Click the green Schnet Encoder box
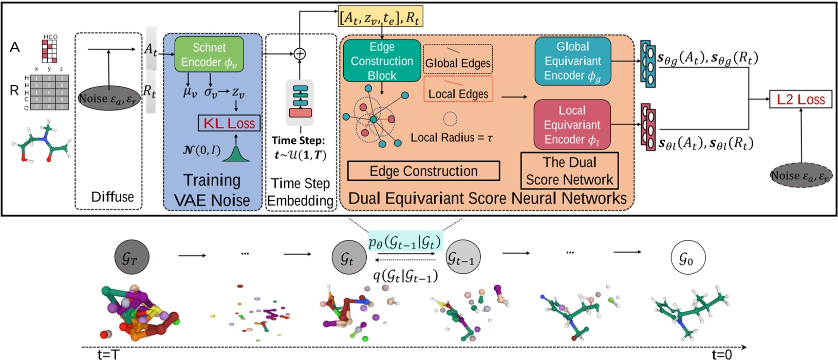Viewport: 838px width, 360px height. [209, 54]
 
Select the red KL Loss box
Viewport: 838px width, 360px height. [229, 123]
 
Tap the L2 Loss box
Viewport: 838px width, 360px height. [800, 99]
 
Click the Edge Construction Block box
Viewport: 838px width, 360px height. [382, 61]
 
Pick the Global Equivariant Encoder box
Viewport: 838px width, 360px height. [572, 61]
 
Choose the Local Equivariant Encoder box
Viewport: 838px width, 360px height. [572, 125]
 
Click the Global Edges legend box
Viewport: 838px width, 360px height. [458, 60]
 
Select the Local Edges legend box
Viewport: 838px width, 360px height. [458, 89]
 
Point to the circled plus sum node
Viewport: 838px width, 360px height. [300, 53]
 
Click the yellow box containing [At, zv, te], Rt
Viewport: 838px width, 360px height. [380, 18]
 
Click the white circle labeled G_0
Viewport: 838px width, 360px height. [688, 258]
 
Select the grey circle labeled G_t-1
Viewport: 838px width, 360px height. [460, 258]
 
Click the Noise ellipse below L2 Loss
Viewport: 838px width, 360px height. [800, 176]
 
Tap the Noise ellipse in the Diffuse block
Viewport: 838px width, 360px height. [109, 98]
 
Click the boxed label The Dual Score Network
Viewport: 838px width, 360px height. [569, 171]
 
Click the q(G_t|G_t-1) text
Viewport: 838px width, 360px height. [405, 276]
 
